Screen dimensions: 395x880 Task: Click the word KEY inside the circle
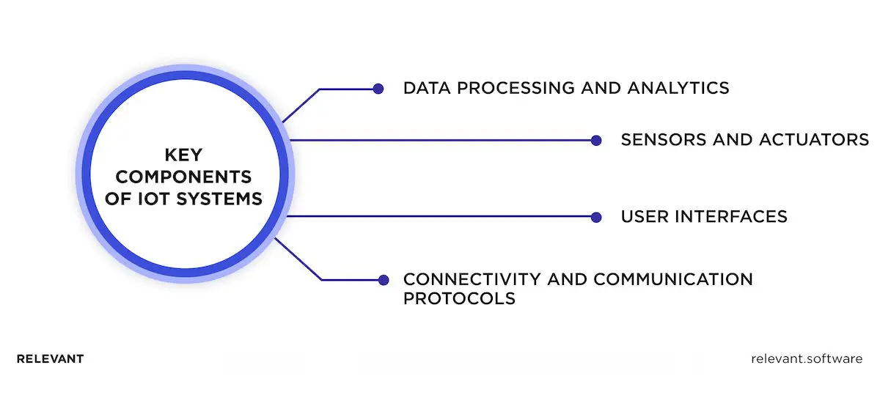coord(184,155)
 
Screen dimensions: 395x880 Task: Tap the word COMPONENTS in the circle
coord(184,177)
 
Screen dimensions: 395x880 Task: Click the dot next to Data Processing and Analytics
coord(378,89)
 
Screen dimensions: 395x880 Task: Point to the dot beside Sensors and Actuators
coord(596,140)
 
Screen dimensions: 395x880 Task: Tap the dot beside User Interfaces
coord(596,217)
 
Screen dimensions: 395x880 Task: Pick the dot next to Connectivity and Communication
coord(382,280)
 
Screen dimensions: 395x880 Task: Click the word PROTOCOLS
coord(459,299)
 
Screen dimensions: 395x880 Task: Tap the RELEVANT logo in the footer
coord(50,359)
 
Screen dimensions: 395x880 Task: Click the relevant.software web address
coord(807,359)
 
